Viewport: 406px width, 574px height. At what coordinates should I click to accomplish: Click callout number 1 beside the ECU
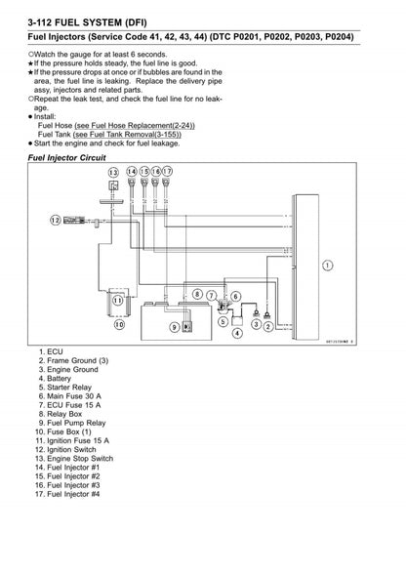coord(327,264)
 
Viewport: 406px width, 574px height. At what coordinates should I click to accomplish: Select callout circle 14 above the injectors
coord(131,173)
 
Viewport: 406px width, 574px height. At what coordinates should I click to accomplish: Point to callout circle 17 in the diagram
coord(167,173)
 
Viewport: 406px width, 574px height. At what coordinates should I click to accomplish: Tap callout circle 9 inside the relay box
coord(176,327)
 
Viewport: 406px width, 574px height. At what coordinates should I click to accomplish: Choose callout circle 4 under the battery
coord(236,333)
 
